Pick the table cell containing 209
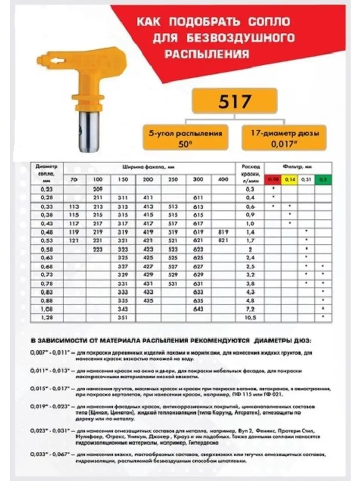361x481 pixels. [98, 188]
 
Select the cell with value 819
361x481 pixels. [222, 232]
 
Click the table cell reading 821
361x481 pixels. [222, 240]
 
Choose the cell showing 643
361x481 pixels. [199, 309]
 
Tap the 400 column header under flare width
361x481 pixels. [222, 180]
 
